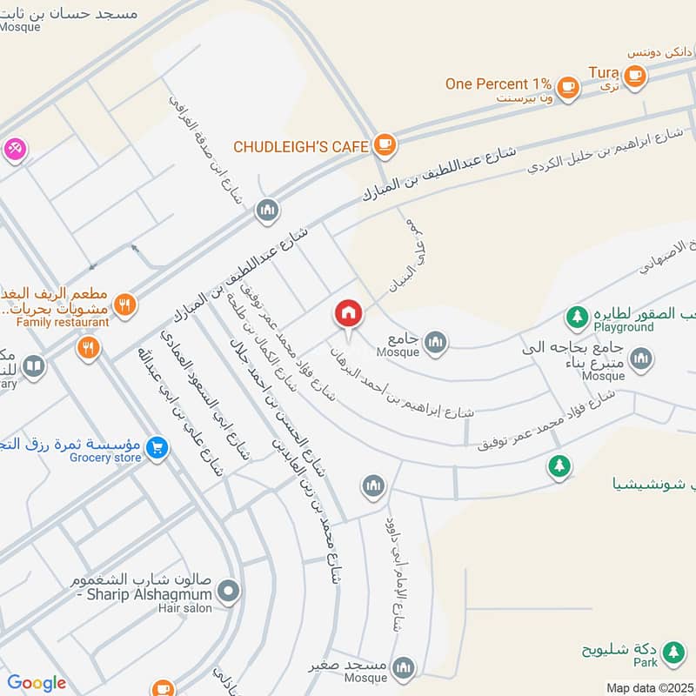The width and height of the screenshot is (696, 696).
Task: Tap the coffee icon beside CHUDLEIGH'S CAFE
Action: [385, 145]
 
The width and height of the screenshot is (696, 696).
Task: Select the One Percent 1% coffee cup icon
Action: [568, 85]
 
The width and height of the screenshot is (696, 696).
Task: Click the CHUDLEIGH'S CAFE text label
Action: [301, 146]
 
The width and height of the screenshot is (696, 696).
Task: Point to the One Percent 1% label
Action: [499, 84]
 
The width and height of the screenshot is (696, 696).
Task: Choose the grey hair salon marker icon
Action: [229, 593]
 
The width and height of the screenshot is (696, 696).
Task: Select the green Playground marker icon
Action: [575, 314]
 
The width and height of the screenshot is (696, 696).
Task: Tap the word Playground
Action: [624, 327]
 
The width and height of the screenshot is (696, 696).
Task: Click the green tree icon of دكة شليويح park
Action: [673, 651]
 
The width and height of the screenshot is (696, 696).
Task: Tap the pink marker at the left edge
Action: [15, 149]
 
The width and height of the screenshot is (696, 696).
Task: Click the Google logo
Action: [37, 683]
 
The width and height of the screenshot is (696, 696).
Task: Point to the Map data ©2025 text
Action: [650, 687]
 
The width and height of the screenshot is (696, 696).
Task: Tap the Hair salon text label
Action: [184, 608]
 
